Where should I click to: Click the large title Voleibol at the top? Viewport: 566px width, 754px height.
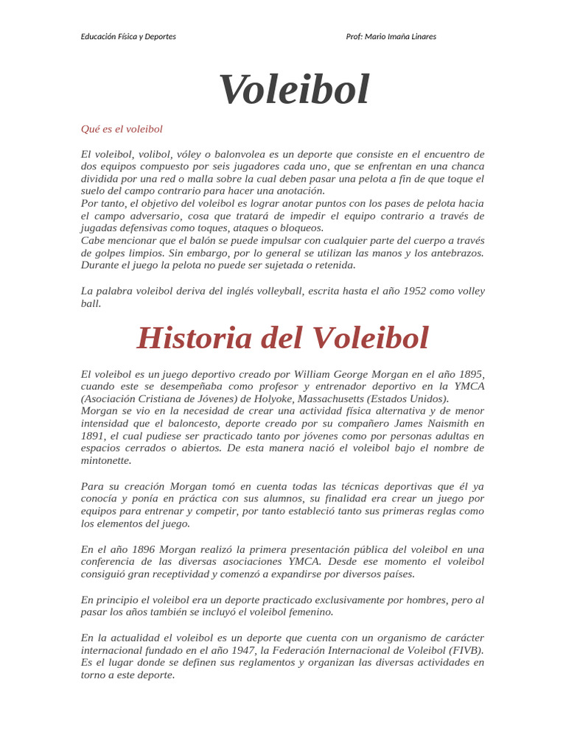tap(293, 90)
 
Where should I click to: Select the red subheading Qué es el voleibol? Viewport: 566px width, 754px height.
tap(122, 129)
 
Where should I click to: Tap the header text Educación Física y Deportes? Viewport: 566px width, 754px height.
tap(128, 36)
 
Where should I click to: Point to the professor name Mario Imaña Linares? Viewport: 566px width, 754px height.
tap(405, 36)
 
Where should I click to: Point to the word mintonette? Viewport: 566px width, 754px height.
tap(105, 460)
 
